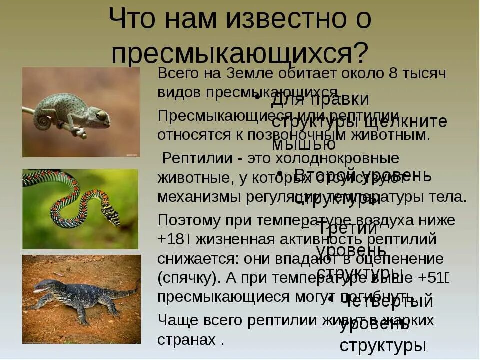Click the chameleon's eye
101,116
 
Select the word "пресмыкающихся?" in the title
240,52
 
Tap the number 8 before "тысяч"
393,73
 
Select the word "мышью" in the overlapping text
303,144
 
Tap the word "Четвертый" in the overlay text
386,301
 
